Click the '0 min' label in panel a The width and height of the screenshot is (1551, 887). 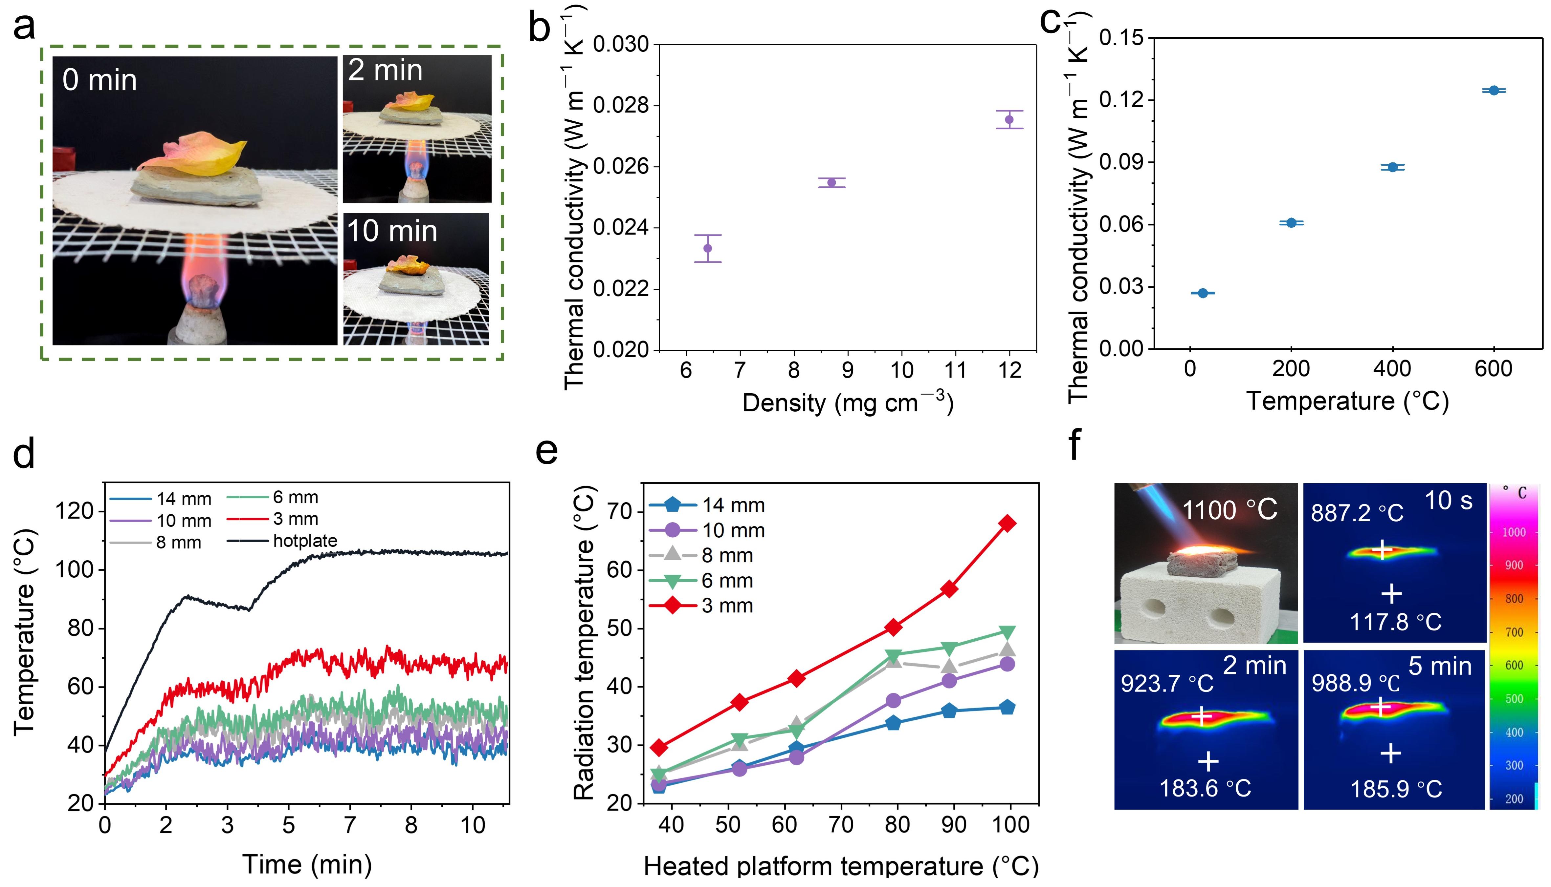[x=100, y=80]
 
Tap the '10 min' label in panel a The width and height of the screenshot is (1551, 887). [x=392, y=232]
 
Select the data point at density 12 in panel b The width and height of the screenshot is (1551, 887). [x=1009, y=119]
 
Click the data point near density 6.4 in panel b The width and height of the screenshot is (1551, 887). [x=707, y=248]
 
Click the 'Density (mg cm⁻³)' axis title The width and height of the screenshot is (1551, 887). [x=848, y=403]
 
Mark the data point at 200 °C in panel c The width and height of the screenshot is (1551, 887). [x=1291, y=223]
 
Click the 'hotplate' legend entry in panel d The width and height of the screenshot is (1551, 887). [x=305, y=541]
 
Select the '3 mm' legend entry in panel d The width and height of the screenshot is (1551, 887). [x=296, y=519]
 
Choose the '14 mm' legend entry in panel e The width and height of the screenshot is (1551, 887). [x=733, y=505]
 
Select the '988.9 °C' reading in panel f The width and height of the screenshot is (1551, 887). [x=1355, y=684]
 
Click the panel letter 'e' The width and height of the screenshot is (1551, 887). [x=546, y=451]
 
